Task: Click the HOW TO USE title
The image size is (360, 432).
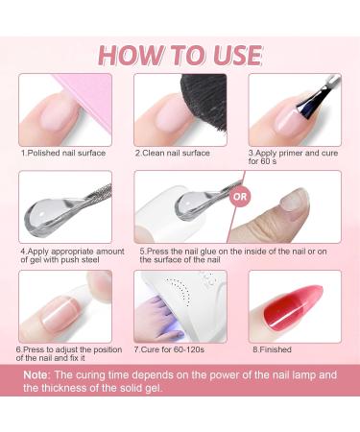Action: pyautogui.click(x=180, y=54)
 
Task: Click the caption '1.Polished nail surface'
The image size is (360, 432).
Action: pyautogui.click(x=63, y=153)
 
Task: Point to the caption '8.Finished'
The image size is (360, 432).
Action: pyautogui.click(x=271, y=349)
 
